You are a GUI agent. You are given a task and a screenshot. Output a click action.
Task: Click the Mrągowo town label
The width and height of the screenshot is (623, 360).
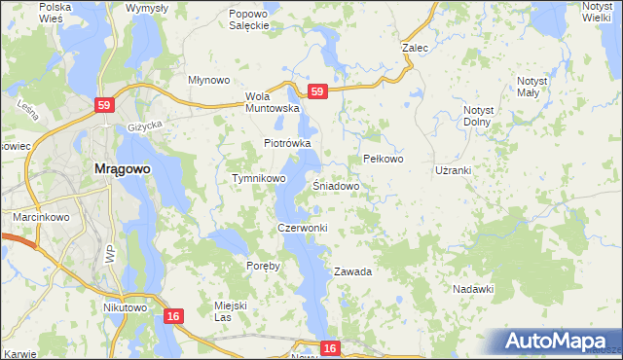pyautogui.click(x=122, y=168)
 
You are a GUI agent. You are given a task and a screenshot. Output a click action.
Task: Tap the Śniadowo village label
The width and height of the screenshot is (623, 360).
pyautogui.click(x=337, y=185)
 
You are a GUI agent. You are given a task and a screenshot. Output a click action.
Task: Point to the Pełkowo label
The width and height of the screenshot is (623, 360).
pyautogui.click(x=383, y=159)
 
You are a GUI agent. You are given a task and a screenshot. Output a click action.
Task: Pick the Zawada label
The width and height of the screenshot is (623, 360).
pyautogui.click(x=353, y=271)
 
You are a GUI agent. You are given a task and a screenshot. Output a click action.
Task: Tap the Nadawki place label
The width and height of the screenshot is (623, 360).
pyautogui.click(x=474, y=289)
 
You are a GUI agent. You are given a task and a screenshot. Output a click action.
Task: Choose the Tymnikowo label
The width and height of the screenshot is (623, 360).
pyautogui.click(x=258, y=179)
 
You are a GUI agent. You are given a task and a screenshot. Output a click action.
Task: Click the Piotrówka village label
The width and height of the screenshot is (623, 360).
pyautogui.click(x=287, y=143)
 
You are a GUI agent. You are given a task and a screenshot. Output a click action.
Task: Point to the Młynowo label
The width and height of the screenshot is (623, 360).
pyautogui.click(x=207, y=81)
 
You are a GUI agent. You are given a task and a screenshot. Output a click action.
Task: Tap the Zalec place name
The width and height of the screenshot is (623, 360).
pyautogui.click(x=416, y=46)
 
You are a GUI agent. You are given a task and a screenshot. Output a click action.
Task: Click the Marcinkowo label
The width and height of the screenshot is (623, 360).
pyautogui.click(x=39, y=217)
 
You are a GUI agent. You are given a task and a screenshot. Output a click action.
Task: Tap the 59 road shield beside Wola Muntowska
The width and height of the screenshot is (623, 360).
pyautogui.click(x=316, y=91)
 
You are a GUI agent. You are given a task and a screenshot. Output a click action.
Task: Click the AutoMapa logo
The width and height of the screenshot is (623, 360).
pyautogui.click(x=556, y=342)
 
